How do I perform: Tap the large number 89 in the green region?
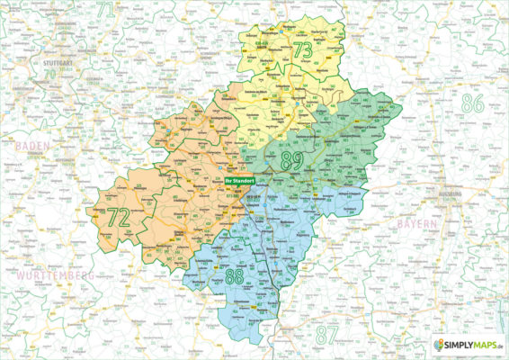click(293, 162)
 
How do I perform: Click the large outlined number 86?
click(471, 104)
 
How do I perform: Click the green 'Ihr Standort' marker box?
click(238, 180)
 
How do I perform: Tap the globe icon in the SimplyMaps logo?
click(438, 345)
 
